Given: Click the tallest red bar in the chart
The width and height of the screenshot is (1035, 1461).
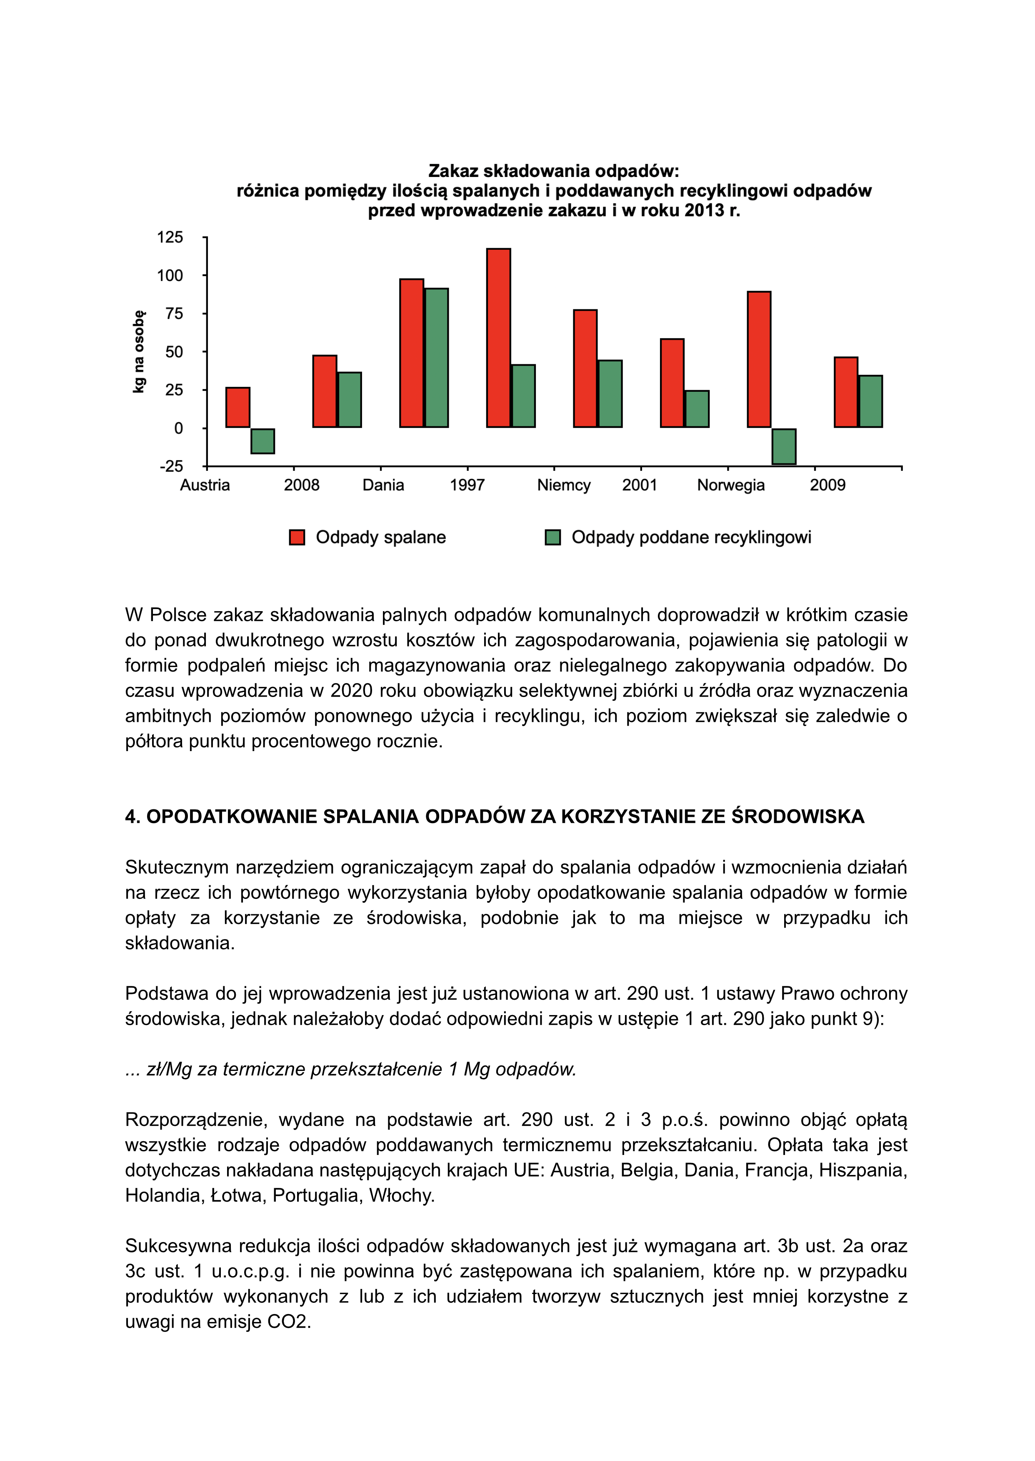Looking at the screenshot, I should pos(498,338).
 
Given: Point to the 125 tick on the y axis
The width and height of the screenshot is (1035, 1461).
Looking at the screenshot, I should pos(170,238).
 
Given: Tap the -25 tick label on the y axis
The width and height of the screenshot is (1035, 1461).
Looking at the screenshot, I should pos(171,466).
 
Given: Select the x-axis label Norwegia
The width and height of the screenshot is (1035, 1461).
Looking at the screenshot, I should pos(730,485).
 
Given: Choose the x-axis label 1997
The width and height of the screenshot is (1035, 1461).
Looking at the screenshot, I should pos(467,485).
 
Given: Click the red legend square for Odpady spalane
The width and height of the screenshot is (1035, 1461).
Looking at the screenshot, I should pos(297,538).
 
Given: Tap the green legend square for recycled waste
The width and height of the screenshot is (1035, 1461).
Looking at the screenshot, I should pos(552,538).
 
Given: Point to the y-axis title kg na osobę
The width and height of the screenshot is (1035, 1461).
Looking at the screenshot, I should pos(138,351).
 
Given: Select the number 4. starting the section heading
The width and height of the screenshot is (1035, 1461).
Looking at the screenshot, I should pos(132,817).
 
